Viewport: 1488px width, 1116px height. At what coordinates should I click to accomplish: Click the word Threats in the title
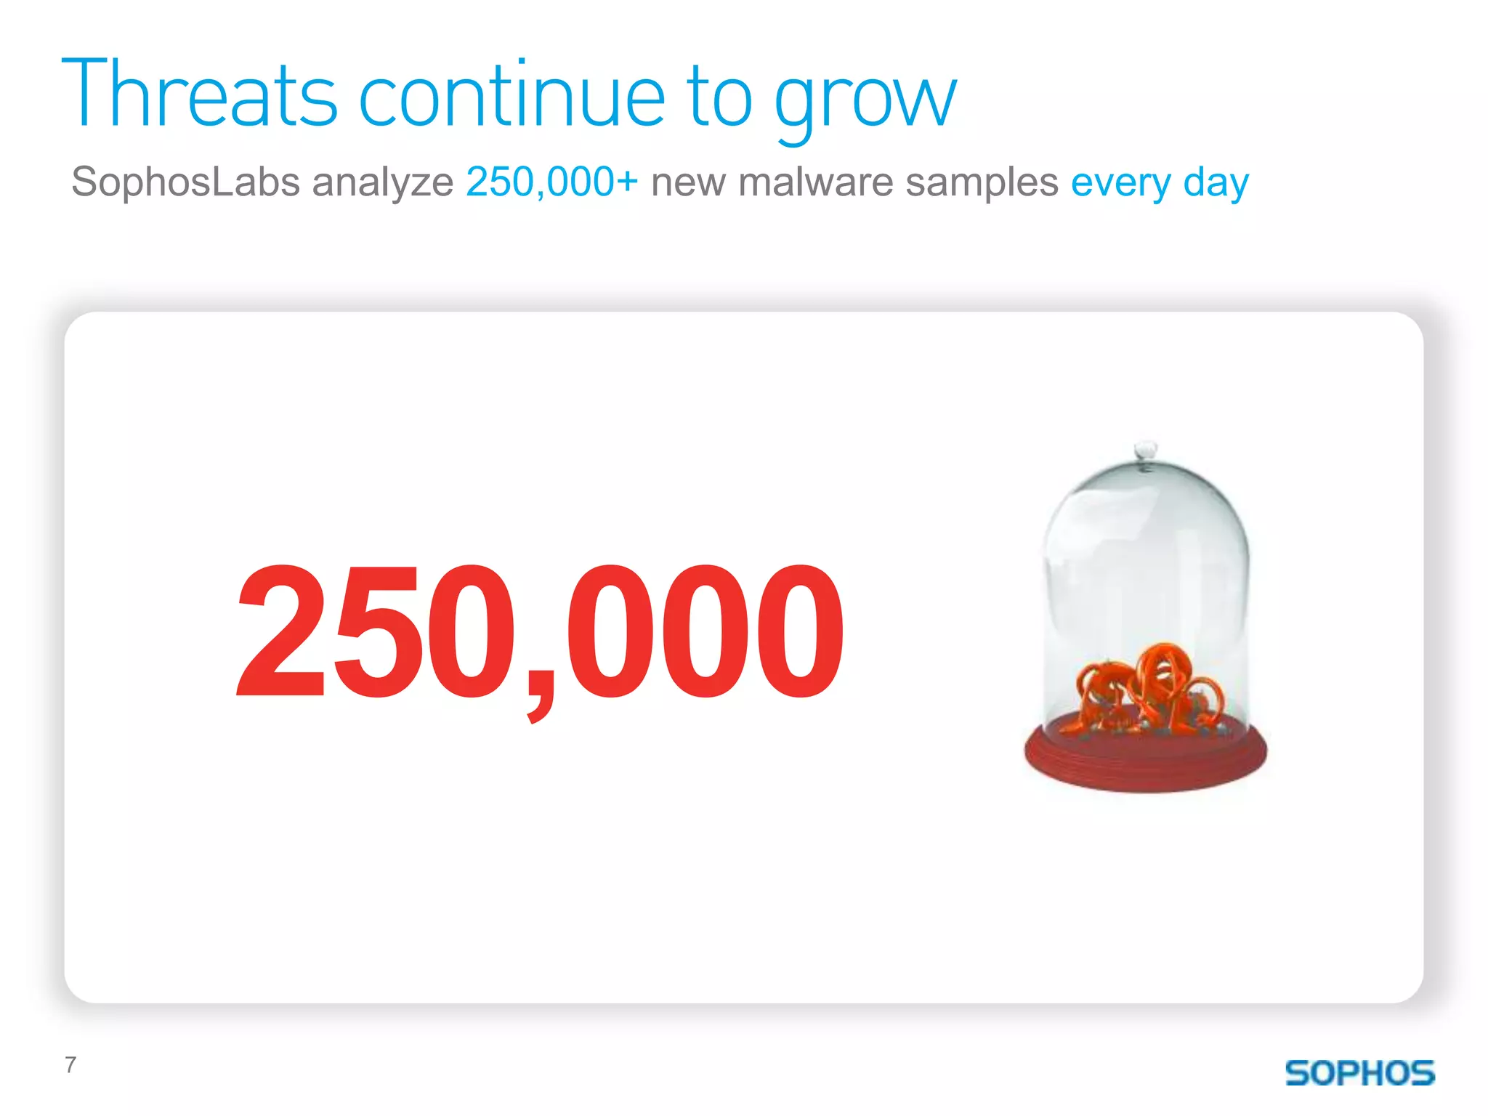pyautogui.click(x=199, y=94)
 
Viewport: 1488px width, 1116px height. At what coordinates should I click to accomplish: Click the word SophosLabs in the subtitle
pyautogui.click(x=185, y=182)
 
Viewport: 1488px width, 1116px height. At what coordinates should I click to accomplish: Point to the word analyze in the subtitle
pyautogui.click(x=382, y=183)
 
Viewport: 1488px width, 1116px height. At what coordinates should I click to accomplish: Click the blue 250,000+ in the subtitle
pyautogui.click(x=551, y=182)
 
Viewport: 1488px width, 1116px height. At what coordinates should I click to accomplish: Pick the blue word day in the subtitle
pyautogui.click(x=1216, y=183)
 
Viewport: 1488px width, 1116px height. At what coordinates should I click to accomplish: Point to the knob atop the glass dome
pyautogui.click(x=1146, y=449)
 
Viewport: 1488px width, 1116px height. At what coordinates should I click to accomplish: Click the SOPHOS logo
pyautogui.click(x=1359, y=1073)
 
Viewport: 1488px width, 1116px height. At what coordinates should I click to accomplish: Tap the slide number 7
pyautogui.click(x=70, y=1064)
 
